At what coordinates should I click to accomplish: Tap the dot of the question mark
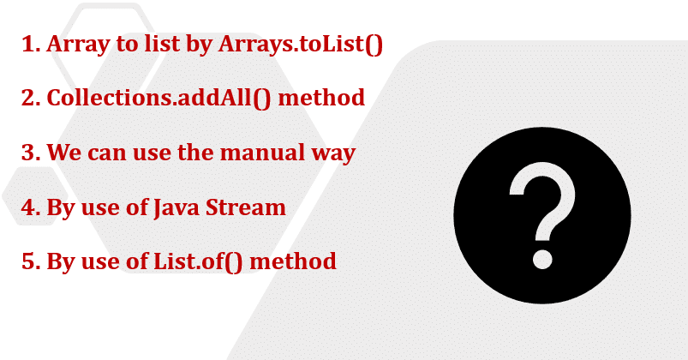click(x=542, y=259)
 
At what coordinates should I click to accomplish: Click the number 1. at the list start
click(x=31, y=44)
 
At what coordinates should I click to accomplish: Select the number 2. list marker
click(x=31, y=98)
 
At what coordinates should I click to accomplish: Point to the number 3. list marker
click(x=31, y=153)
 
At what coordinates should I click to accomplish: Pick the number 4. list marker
click(x=31, y=207)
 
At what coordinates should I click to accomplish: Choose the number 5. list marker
click(x=31, y=261)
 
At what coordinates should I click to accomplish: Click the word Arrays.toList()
click(x=301, y=45)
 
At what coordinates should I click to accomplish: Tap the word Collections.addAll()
click(x=159, y=99)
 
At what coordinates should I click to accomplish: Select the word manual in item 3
click(x=262, y=153)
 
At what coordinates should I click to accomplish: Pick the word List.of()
click(x=197, y=262)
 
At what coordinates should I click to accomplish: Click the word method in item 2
click(x=321, y=98)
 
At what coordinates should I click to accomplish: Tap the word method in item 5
click(x=293, y=261)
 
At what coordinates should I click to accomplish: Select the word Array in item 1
click(x=78, y=45)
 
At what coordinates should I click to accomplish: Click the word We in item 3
click(x=64, y=153)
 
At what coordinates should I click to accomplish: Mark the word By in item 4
click(x=61, y=209)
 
